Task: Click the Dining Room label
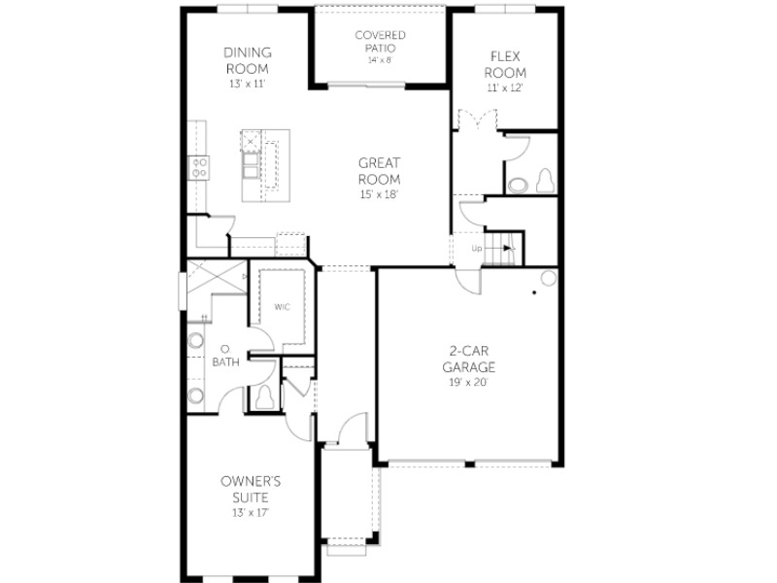248,60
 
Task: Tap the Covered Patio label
380,42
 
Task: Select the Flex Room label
505,64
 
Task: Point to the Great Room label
379,171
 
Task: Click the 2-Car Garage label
468,359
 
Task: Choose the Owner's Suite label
251,490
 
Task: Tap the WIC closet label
282,307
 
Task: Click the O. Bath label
225,355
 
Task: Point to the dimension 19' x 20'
468,382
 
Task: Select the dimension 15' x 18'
379,194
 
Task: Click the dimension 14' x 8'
380,60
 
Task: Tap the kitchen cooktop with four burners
199,167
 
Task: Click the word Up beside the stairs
477,249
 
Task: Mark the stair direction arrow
499,248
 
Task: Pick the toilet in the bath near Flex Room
545,181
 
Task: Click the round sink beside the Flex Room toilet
518,185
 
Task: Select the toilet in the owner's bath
264,396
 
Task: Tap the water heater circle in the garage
549,278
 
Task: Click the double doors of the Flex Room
477,120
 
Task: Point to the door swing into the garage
469,281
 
